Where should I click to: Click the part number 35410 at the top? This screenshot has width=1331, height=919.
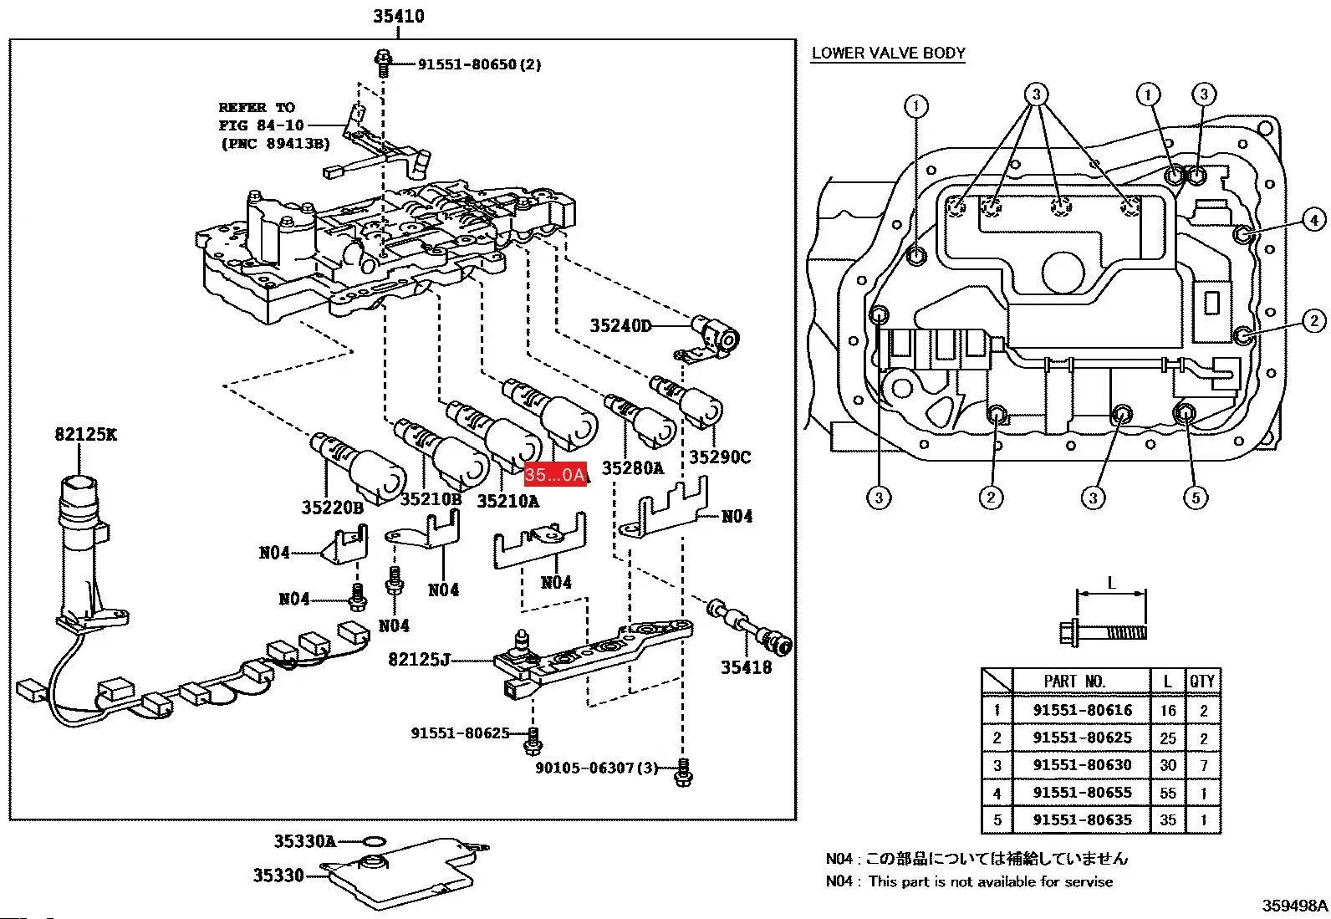click(x=398, y=16)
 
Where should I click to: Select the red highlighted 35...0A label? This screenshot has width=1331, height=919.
click(x=555, y=475)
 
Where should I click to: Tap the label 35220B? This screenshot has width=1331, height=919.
click(x=333, y=507)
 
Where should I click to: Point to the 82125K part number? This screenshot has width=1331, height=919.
click(x=86, y=434)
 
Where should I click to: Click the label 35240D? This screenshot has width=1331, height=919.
click(x=620, y=326)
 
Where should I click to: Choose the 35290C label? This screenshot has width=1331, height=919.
click(x=720, y=457)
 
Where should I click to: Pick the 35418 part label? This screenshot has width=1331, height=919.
click(x=747, y=667)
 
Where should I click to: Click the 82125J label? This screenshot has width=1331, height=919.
click(x=420, y=660)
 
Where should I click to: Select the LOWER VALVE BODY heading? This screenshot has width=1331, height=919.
click(x=888, y=54)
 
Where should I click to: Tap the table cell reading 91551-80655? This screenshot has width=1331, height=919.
click(x=1082, y=792)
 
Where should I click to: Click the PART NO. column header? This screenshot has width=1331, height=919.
click(x=1074, y=682)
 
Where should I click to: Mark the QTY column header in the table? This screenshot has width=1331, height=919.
click(x=1202, y=682)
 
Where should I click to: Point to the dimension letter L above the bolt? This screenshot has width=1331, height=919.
click(x=1111, y=583)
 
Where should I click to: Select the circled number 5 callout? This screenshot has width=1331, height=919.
click(x=1196, y=498)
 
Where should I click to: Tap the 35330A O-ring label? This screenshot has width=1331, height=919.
click(x=305, y=841)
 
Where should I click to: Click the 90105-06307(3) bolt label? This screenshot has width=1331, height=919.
click(x=597, y=768)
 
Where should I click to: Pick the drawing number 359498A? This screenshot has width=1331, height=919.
click(x=1294, y=906)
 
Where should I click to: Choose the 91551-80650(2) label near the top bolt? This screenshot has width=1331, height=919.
click(x=479, y=64)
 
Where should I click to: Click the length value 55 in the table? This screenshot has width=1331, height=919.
click(x=1167, y=792)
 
